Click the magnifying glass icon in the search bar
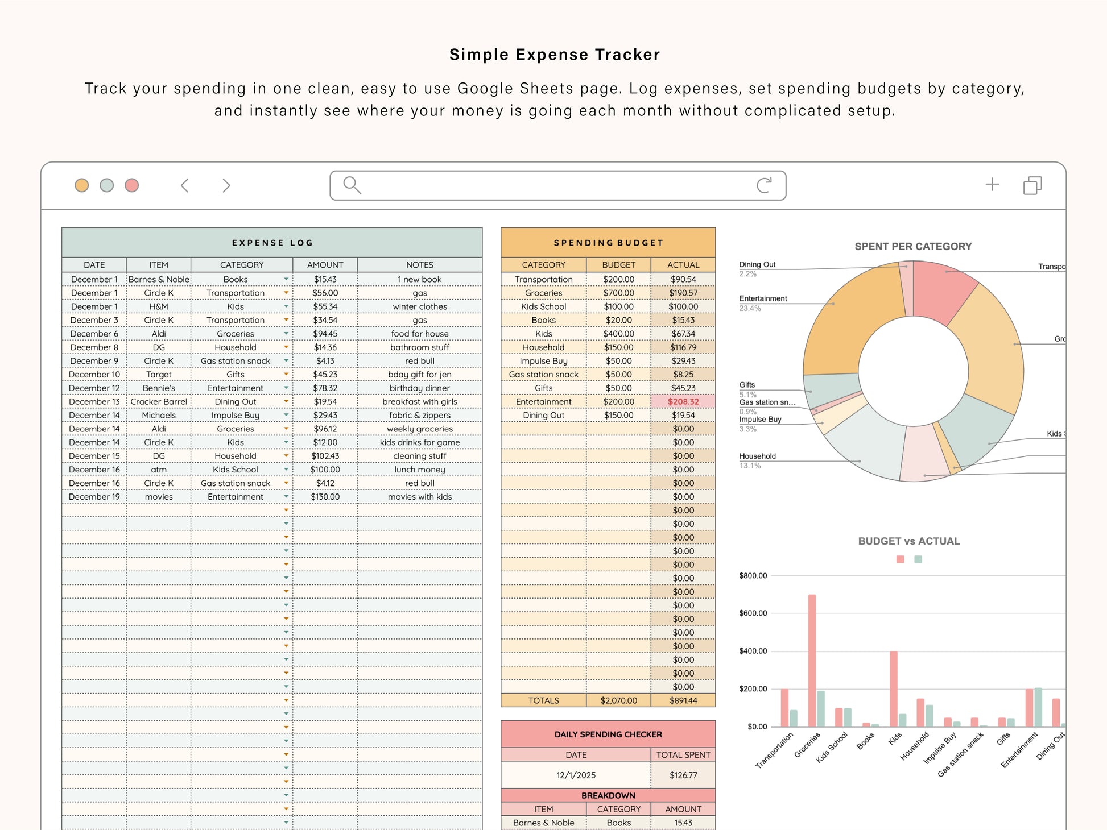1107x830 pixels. [x=352, y=185]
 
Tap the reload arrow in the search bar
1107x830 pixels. [x=764, y=185]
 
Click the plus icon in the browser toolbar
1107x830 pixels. [x=992, y=184]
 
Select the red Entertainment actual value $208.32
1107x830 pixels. [x=683, y=401]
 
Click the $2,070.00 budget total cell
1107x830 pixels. [x=618, y=700]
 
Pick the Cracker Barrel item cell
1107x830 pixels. [x=159, y=401]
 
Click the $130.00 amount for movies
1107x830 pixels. [x=325, y=497]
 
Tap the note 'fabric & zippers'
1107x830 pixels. [x=420, y=415]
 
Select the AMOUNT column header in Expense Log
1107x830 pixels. [x=325, y=265]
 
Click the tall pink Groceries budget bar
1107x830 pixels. [x=812, y=659]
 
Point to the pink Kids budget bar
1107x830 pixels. [x=894, y=688]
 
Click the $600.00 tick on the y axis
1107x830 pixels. [x=753, y=613]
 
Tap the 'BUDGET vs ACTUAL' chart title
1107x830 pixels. [x=908, y=541]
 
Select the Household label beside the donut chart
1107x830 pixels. [x=757, y=456]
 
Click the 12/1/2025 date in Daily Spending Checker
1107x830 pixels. [x=576, y=775]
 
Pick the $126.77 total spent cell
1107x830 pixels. [x=683, y=775]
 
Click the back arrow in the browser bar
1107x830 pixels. [x=185, y=185]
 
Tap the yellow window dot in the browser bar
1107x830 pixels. [x=82, y=185]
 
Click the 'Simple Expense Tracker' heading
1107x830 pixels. [x=554, y=55]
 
